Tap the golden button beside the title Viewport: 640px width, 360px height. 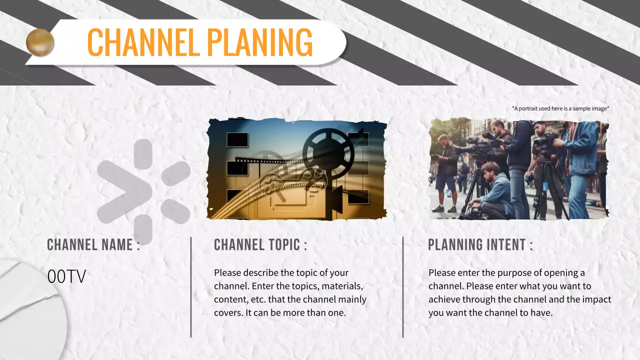pyautogui.click(x=40, y=42)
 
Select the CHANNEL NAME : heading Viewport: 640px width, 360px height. pyautogui.click(x=93, y=244)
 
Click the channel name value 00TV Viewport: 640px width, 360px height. pyautogui.click(x=66, y=277)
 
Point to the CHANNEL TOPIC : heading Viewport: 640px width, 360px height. pyautogui.click(x=260, y=244)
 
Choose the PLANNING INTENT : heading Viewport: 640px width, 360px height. pyautogui.click(x=480, y=244)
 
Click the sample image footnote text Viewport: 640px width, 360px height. pyautogui.click(x=560, y=108)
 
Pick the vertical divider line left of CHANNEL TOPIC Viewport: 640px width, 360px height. pyautogui.click(x=191, y=287)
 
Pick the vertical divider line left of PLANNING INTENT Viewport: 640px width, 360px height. pyautogui.click(x=403, y=287)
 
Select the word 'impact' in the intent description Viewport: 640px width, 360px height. pyautogui.click(x=598, y=299)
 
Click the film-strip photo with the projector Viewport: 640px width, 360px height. pyautogui.click(x=296, y=169)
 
